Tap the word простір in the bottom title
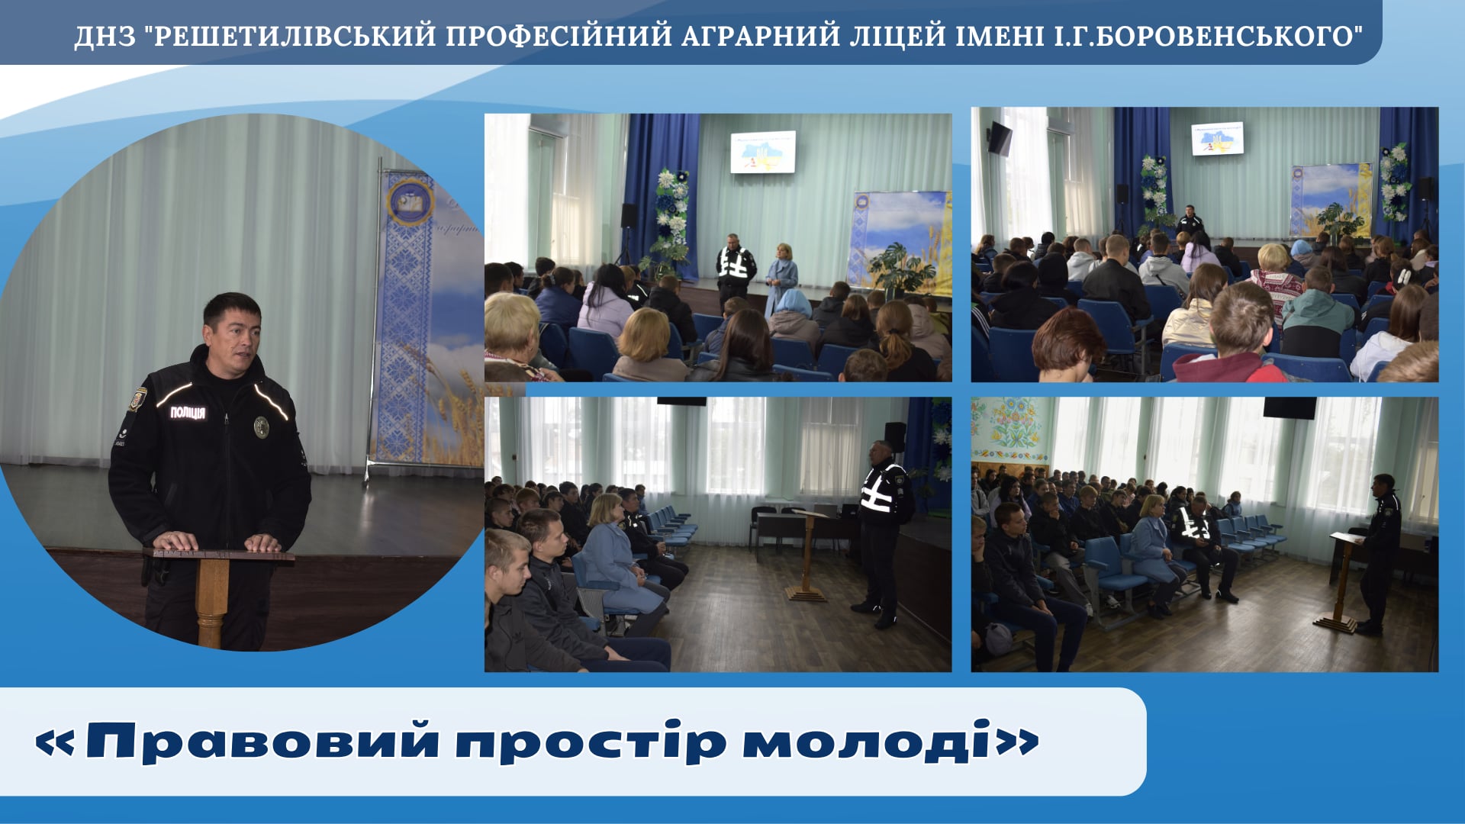(x=591, y=741)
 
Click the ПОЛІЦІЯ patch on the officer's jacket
(x=188, y=413)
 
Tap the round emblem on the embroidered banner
(x=410, y=201)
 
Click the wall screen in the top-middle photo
(x=763, y=152)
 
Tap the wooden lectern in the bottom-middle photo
(x=807, y=554)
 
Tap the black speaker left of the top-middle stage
(x=629, y=215)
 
